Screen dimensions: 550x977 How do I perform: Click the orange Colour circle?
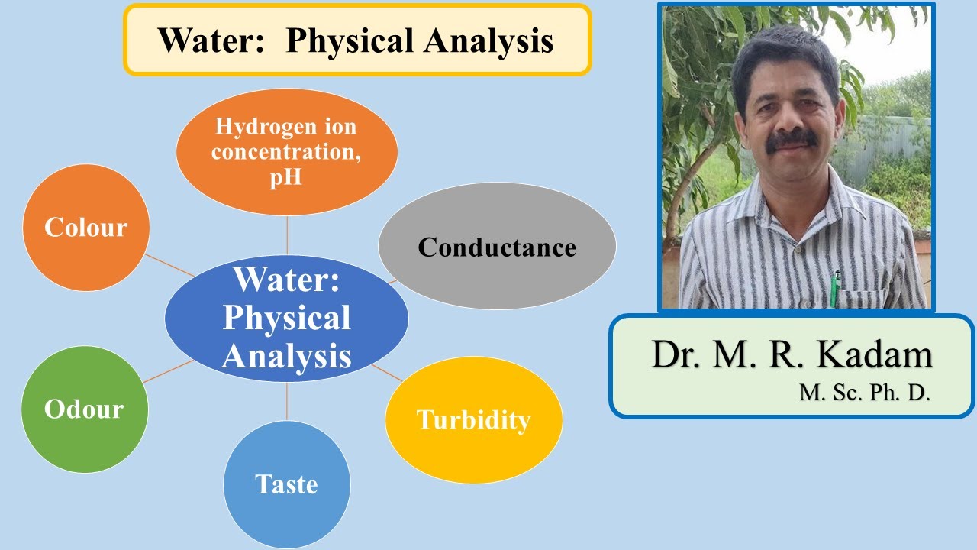coord(85,228)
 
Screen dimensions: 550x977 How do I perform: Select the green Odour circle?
coord(84,409)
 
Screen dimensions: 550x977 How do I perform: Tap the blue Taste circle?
coord(286,484)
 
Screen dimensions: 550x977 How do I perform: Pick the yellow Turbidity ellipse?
coord(473,419)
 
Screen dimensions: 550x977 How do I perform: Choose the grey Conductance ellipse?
coord(497,246)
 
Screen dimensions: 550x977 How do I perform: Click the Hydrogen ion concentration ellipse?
coord(286,153)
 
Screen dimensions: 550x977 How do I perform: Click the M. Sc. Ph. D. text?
coord(865,393)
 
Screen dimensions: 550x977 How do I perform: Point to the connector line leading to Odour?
coord(168,370)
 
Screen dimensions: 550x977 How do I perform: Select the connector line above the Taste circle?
coord(287,401)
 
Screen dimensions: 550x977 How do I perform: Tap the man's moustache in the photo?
coord(792,139)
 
